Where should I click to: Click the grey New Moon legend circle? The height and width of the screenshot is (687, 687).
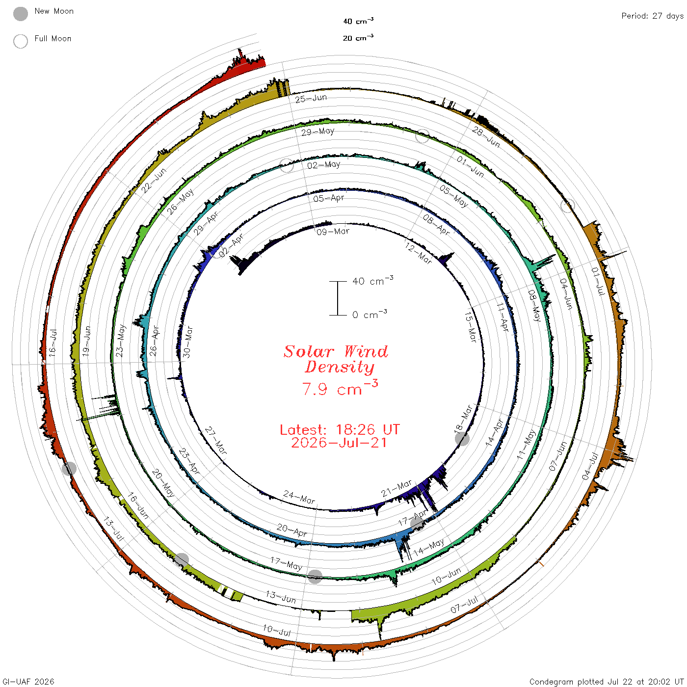[21, 14]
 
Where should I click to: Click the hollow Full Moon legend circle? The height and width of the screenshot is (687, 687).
[21, 41]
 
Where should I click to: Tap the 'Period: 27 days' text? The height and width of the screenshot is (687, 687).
[653, 16]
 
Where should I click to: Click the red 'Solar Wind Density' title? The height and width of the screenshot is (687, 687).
[336, 359]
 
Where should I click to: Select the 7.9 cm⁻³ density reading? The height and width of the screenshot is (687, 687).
[340, 388]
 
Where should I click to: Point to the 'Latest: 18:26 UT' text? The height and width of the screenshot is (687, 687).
[340, 429]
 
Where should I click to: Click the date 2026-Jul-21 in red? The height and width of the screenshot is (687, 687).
[339, 443]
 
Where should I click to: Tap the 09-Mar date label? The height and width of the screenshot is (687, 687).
[333, 232]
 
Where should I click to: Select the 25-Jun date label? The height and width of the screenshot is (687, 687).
[311, 99]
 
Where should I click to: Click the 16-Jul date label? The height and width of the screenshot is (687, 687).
[53, 343]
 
